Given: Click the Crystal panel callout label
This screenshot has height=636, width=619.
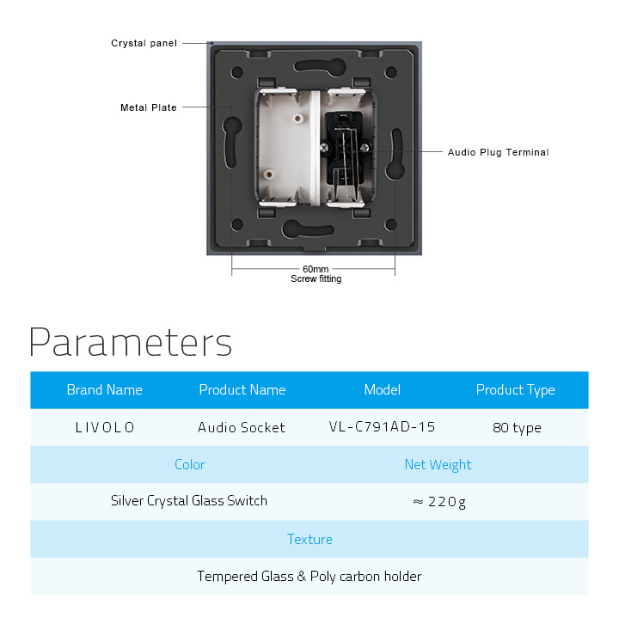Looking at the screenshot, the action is [144, 43].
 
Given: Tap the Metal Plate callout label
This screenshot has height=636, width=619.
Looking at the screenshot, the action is [149, 107].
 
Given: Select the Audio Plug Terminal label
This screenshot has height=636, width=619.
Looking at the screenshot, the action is [498, 152].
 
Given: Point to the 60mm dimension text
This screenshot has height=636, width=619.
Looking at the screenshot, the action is [316, 269].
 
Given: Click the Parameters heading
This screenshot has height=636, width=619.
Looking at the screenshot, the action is [131, 342].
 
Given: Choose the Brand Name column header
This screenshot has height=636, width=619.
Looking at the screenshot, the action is [105, 390].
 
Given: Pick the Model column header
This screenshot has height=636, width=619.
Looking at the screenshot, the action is [382, 390].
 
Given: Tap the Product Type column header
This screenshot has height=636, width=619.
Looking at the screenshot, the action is [516, 390].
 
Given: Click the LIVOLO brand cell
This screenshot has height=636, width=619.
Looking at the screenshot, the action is [105, 427].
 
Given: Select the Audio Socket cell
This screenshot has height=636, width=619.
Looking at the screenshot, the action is [242, 427].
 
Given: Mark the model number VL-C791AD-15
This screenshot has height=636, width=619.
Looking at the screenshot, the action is [382, 427].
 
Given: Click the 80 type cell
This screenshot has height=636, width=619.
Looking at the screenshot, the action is [517, 428].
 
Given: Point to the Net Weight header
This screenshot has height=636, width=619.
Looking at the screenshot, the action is [438, 465].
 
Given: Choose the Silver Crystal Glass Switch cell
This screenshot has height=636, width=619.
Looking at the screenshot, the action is [189, 501].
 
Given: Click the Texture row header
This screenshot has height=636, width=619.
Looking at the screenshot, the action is [309, 540].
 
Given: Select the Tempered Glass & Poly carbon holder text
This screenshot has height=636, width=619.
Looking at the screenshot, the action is [309, 577].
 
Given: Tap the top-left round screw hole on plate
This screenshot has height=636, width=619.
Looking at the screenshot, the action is [236, 73].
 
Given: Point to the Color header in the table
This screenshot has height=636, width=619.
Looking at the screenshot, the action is [189, 465].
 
